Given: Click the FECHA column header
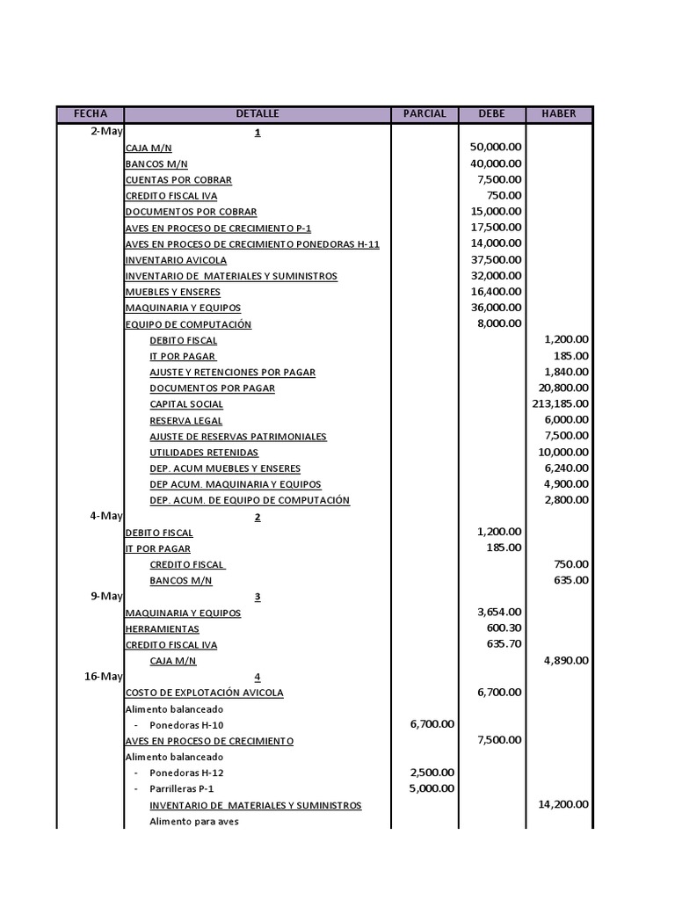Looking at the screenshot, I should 91,114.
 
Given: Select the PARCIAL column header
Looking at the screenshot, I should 425,114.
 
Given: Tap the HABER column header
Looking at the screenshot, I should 559,114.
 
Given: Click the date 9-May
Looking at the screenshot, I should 106,596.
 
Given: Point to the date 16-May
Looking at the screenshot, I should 104,676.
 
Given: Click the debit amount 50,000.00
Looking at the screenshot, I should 496,148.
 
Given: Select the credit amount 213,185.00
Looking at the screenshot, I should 560,404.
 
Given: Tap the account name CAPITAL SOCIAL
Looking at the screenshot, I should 186,404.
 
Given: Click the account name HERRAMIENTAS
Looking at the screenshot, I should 162,629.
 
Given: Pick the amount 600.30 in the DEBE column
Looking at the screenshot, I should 504,628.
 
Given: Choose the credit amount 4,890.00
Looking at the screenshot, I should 567,660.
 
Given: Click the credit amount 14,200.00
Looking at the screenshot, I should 563,804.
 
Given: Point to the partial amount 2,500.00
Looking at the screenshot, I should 432,773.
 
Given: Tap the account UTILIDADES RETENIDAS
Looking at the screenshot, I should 204,453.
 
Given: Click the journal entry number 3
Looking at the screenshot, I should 258,597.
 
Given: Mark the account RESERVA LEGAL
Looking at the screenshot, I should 185,421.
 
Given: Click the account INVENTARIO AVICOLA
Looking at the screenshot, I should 176,260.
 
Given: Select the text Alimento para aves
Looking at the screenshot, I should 193,822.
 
